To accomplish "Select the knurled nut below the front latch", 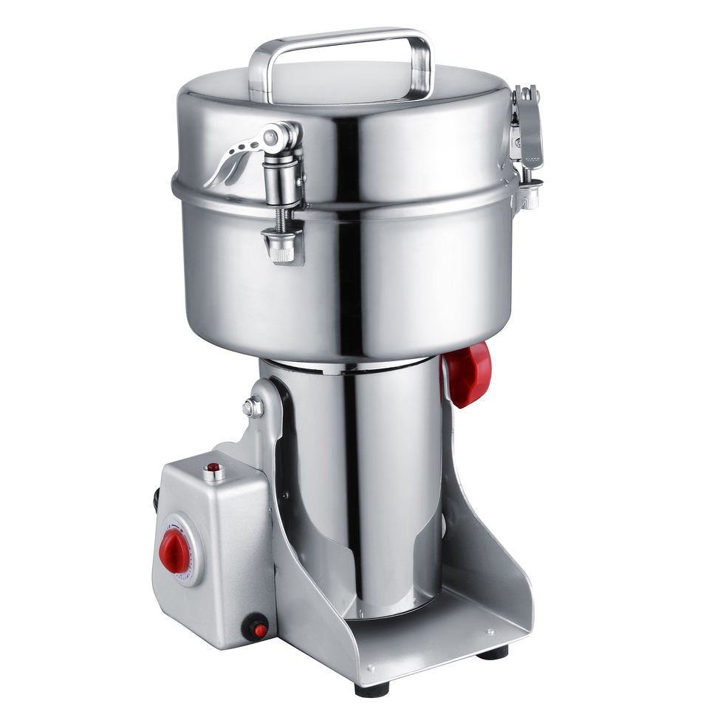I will coord(283,247).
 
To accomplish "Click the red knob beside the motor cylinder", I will coord(468,374).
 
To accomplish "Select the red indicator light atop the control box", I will coord(213,468).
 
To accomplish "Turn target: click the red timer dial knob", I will coord(174,551).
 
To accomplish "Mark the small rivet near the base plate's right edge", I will coord(490,632).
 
